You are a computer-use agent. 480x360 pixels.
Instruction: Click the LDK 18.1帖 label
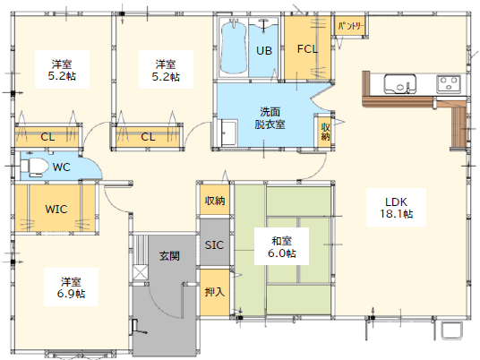[x=396, y=208]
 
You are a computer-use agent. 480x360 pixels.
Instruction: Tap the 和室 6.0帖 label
[x=281, y=247]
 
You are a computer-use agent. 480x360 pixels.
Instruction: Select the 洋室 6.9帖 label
[x=71, y=287]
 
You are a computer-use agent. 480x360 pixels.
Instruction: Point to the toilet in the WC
[x=34, y=167]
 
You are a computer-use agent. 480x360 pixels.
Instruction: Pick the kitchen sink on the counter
[x=400, y=83]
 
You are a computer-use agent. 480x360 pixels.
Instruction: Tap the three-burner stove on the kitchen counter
[x=449, y=83]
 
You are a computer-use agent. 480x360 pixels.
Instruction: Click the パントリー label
[x=351, y=26]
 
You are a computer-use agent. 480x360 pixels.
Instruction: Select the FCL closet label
[x=307, y=48]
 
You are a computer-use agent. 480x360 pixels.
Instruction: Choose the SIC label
[x=214, y=244]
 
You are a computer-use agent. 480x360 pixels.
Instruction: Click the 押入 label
[x=215, y=292]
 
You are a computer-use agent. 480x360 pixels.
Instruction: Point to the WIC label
[x=56, y=209]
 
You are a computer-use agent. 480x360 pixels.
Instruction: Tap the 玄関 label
[x=169, y=255]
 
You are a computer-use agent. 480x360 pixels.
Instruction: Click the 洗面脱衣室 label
[x=270, y=118]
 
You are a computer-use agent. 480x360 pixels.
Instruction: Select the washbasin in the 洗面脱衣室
[x=228, y=133]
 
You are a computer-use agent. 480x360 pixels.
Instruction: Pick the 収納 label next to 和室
[x=215, y=201]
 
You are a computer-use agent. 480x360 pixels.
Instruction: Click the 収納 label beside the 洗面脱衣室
[x=325, y=132]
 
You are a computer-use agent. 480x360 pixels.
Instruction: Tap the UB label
[x=264, y=50]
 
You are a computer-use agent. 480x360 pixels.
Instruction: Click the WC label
[x=62, y=167]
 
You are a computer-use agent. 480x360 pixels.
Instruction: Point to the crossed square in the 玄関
[x=141, y=272]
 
